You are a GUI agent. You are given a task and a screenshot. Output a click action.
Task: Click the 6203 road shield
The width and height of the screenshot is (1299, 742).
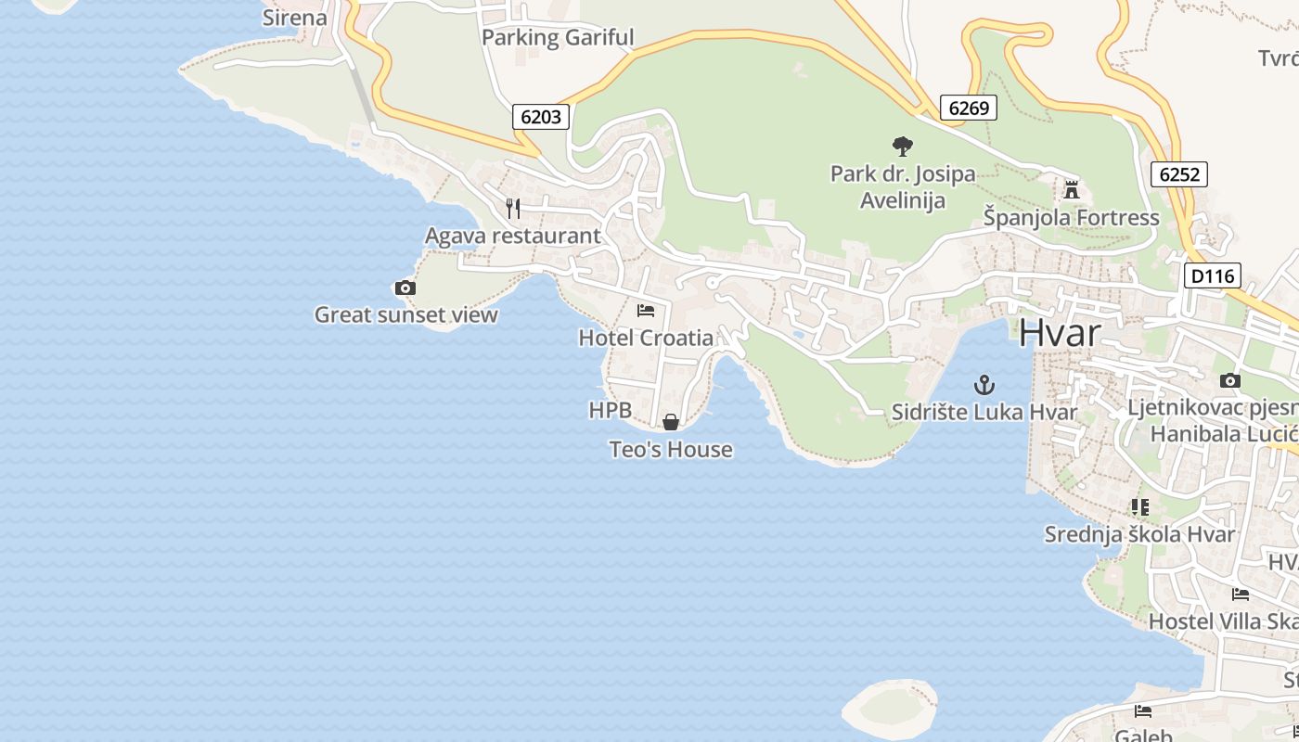click(541, 117)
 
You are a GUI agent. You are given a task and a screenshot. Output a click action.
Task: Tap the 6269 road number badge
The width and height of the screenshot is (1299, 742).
click(969, 108)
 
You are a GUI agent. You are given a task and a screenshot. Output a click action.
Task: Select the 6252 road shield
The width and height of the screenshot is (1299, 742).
click(1179, 173)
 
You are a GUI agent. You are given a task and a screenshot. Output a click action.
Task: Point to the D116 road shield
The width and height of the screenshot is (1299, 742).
click(1213, 275)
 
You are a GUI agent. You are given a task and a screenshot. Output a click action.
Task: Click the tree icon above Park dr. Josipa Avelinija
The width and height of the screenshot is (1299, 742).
click(902, 146)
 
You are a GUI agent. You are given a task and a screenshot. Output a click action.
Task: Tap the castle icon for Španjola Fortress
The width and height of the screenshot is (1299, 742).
click(1072, 190)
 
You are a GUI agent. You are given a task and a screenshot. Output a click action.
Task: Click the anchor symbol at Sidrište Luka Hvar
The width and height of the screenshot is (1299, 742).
click(984, 384)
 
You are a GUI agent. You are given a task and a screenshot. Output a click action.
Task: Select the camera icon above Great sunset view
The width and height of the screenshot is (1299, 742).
click(405, 288)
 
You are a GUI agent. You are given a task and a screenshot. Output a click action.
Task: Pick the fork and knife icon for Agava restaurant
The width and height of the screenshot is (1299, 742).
click(513, 209)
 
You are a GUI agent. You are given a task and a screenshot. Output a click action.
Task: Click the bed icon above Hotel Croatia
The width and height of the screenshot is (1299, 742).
click(646, 310)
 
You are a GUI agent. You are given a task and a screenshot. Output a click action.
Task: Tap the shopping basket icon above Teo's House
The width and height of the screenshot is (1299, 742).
click(670, 422)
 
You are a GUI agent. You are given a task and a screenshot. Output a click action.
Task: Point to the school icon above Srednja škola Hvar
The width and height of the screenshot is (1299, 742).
click(1139, 506)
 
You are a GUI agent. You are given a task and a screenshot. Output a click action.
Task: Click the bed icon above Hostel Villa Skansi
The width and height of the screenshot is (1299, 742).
click(1241, 594)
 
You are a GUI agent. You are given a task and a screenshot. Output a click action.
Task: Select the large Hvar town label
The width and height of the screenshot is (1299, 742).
click(1060, 334)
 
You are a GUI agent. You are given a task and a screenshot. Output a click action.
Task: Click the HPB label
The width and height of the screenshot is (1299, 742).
click(610, 410)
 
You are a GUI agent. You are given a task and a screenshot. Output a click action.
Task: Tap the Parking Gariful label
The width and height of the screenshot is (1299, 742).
click(558, 38)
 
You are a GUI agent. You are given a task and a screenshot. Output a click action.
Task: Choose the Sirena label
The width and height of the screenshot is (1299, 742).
click(295, 18)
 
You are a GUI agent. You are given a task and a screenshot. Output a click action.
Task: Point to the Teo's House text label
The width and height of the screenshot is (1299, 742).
click(671, 450)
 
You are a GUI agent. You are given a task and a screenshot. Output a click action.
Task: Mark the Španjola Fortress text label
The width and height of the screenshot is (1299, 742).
click(1072, 218)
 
